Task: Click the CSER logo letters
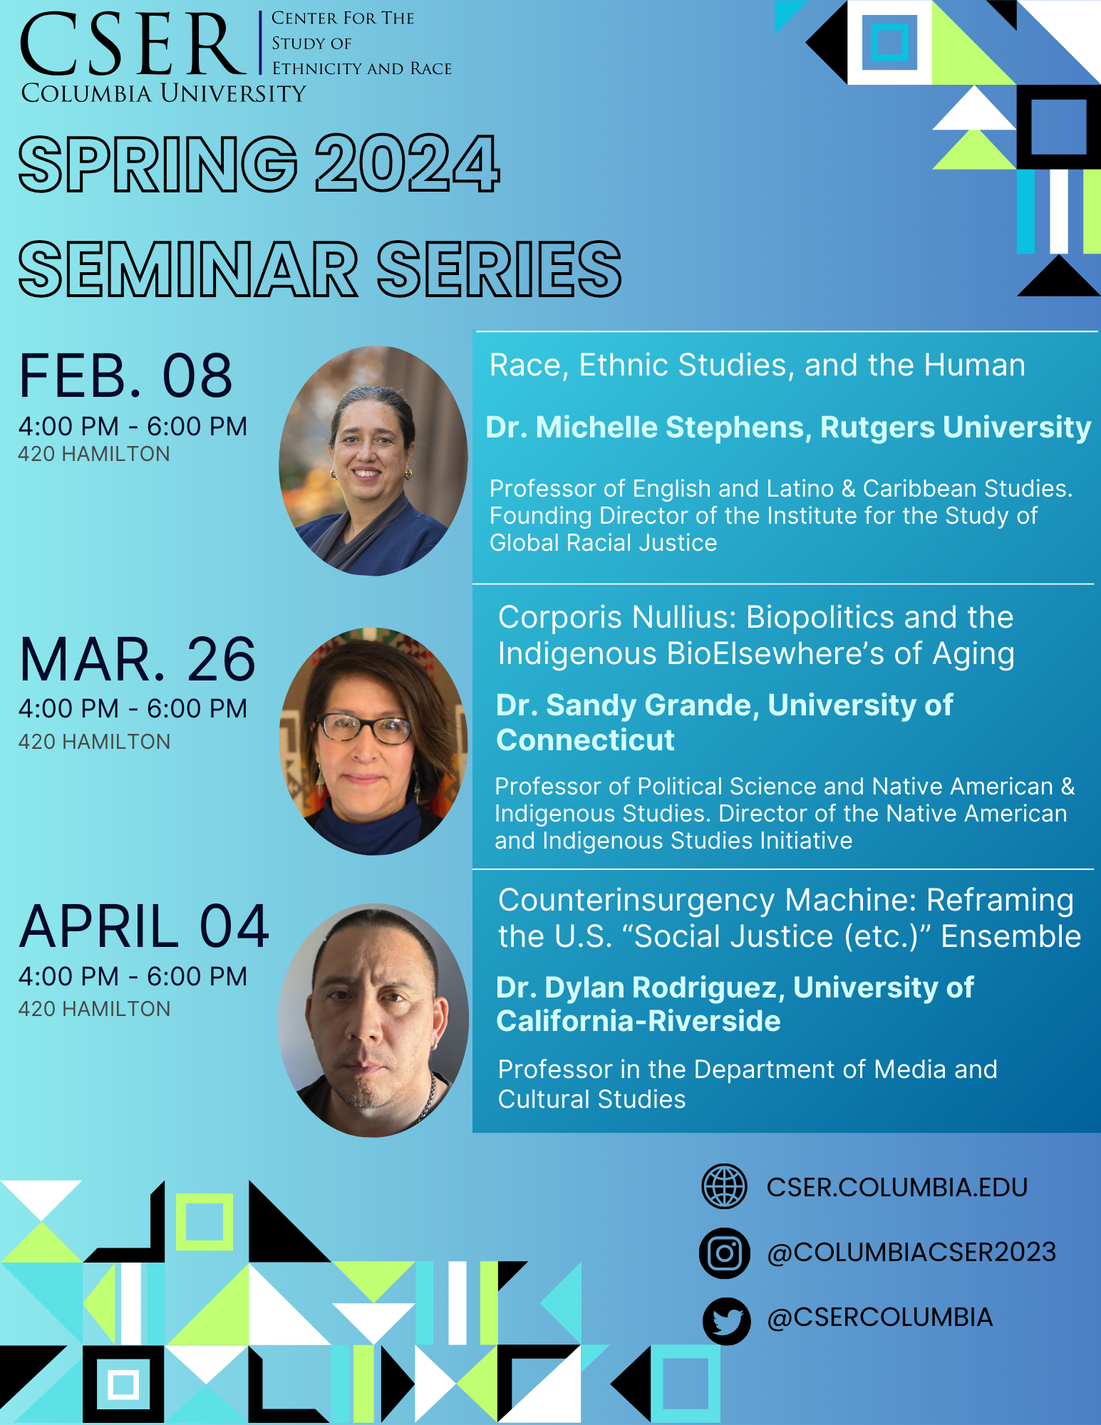click(x=133, y=44)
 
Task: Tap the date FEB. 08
click(x=125, y=376)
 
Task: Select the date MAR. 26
click(x=138, y=659)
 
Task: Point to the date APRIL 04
click(x=144, y=926)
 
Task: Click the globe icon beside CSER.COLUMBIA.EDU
click(x=724, y=1186)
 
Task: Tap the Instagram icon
click(x=725, y=1253)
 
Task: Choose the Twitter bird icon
click(x=726, y=1320)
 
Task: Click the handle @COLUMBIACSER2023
click(x=911, y=1253)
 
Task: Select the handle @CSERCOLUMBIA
click(x=880, y=1317)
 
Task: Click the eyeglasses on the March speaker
click(x=364, y=728)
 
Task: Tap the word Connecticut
click(x=585, y=740)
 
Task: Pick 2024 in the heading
click(x=407, y=164)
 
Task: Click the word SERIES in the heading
click(x=499, y=269)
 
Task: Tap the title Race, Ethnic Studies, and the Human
click(x=758, y=366)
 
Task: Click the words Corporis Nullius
click(x=616, y=618)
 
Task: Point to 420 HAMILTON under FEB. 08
click(x=94, y=454)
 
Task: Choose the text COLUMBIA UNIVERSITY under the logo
click(x=163, y=93)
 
